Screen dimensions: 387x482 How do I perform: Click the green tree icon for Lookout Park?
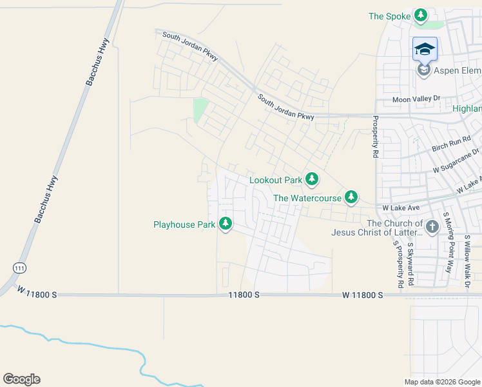click(312, 178)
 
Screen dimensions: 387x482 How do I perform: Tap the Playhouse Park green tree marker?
click(225, 224)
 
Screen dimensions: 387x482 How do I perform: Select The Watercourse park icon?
click(351, 197)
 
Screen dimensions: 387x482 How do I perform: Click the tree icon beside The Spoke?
click(421, 15)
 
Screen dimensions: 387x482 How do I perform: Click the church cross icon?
click(432, 226)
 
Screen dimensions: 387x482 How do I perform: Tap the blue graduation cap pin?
click(425, 49)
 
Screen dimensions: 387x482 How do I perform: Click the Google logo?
click(21, 379)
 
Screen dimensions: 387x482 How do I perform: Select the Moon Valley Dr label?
click(416, 99)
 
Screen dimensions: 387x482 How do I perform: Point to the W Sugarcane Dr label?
click(456, 161)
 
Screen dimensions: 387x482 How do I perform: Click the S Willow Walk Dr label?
click(467, 261)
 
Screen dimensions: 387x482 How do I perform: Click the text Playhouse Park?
click(184, 224)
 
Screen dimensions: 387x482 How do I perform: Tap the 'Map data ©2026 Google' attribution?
click(441, 382)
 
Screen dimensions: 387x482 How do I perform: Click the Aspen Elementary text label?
click(458, 70)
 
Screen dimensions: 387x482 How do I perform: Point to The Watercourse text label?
click(307, 198)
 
